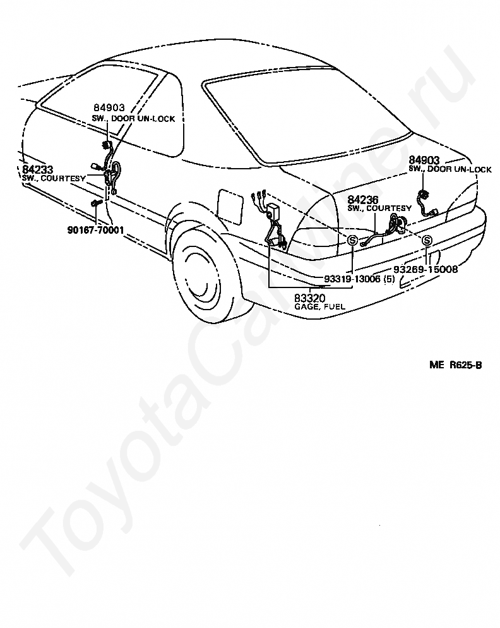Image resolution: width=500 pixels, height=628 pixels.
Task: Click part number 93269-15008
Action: (x=427, y=269)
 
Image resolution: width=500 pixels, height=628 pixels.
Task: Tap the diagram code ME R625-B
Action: (x=456, y=365)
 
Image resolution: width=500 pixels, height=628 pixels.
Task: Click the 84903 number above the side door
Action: (x=109, y=108)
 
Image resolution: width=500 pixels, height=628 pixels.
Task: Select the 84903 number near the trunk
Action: (x=424, y=160)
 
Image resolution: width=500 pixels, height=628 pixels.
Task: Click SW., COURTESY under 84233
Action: (x=53, y=179)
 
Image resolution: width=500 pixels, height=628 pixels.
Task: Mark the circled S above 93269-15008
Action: (x=427, y=240)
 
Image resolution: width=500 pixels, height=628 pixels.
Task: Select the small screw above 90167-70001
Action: (x=96, y=204)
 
